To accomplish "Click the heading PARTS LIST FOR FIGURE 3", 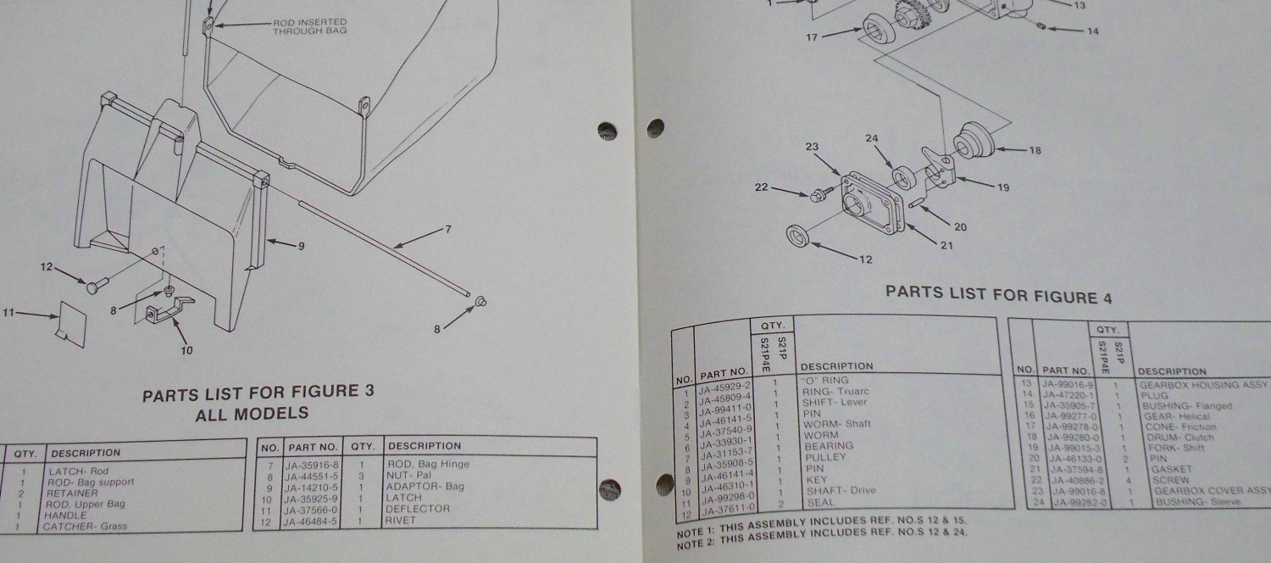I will pos(258,393).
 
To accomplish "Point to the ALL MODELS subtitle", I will pos(252,414).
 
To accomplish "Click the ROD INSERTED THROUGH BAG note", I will pos(309,26).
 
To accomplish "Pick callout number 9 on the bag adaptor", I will pos(300,246).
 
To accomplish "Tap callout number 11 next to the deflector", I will pos(9,314).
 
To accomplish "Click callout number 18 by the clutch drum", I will pos(1034,151).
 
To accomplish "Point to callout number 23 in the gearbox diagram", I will pos(811,147).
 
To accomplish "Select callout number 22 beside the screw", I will pos(761,187).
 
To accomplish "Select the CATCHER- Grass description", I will pos(81,527).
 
